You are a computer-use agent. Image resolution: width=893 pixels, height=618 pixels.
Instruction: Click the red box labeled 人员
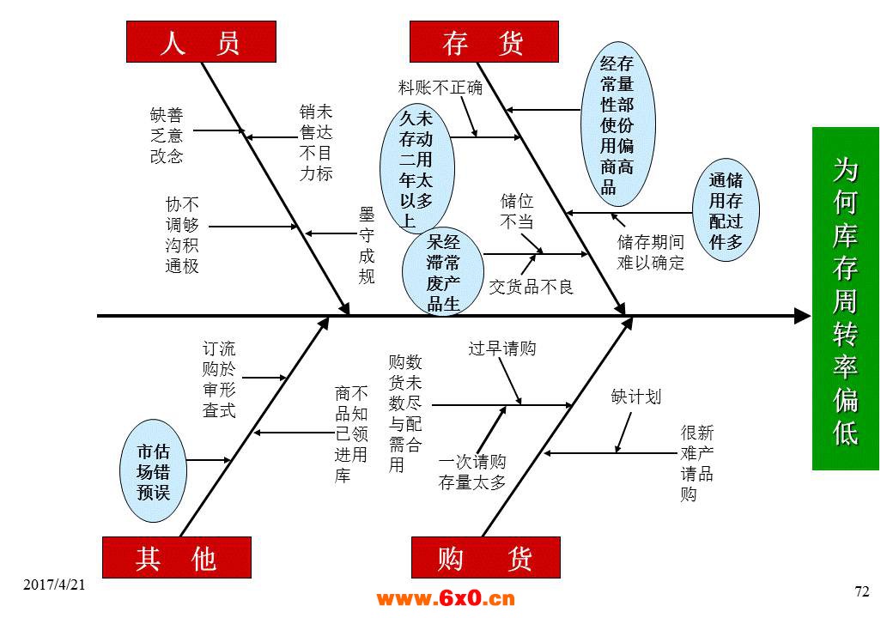[201, 41]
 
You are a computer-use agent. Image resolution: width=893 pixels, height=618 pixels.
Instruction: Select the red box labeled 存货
[484, 41]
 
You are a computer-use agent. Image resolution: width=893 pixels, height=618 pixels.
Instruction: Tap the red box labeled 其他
[177, 557]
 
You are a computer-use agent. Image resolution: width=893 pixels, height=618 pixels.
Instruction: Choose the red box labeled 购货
[486, 557]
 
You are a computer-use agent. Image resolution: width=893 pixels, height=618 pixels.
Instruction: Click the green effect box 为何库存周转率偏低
[845, 299]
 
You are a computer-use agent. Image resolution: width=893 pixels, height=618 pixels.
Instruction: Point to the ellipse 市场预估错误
[153, 471]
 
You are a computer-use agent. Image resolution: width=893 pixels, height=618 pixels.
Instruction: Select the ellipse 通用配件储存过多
[726, 210]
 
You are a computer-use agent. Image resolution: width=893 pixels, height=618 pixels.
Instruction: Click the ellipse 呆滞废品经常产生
[443, 271]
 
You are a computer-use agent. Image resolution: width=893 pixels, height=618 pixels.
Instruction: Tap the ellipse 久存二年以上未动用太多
[417, 168]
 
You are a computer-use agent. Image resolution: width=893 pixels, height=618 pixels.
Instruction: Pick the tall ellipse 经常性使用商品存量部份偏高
[618, 124]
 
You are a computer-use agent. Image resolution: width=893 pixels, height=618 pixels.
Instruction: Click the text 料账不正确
[440, 88]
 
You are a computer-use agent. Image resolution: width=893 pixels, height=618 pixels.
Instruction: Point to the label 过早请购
[501, 348]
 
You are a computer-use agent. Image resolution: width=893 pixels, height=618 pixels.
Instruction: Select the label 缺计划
[635, 397]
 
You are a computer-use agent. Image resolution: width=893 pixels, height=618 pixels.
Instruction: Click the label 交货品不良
[531, 286]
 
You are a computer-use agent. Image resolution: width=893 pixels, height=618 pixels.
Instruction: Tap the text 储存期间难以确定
[650, 252]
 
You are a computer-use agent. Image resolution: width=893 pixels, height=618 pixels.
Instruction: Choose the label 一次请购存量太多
[472, 472]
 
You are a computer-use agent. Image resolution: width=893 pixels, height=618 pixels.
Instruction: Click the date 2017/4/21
[54, 585]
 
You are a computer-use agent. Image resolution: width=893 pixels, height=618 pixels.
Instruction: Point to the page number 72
[862, 592]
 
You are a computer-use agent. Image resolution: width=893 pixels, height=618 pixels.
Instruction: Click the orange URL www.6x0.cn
[446, 598]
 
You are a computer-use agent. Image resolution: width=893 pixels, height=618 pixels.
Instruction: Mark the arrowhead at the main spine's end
[803, 316]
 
